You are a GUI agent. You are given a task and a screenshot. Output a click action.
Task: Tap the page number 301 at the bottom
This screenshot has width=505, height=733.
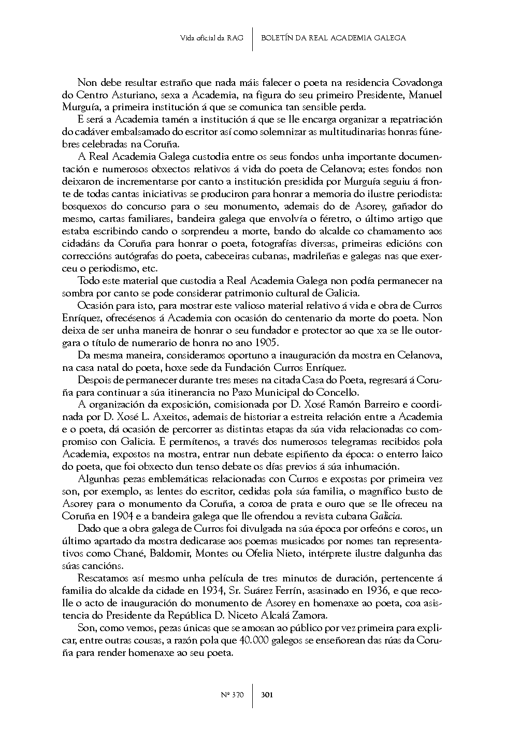[x=267, y=694]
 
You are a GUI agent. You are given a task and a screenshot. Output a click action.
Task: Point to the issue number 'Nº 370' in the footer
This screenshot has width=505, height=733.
[x=233, y=694]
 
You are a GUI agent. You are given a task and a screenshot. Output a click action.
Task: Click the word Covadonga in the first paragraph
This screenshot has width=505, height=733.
[x=417, y=83]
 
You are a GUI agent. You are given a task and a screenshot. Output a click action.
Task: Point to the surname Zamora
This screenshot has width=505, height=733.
[x=310, y=616]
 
